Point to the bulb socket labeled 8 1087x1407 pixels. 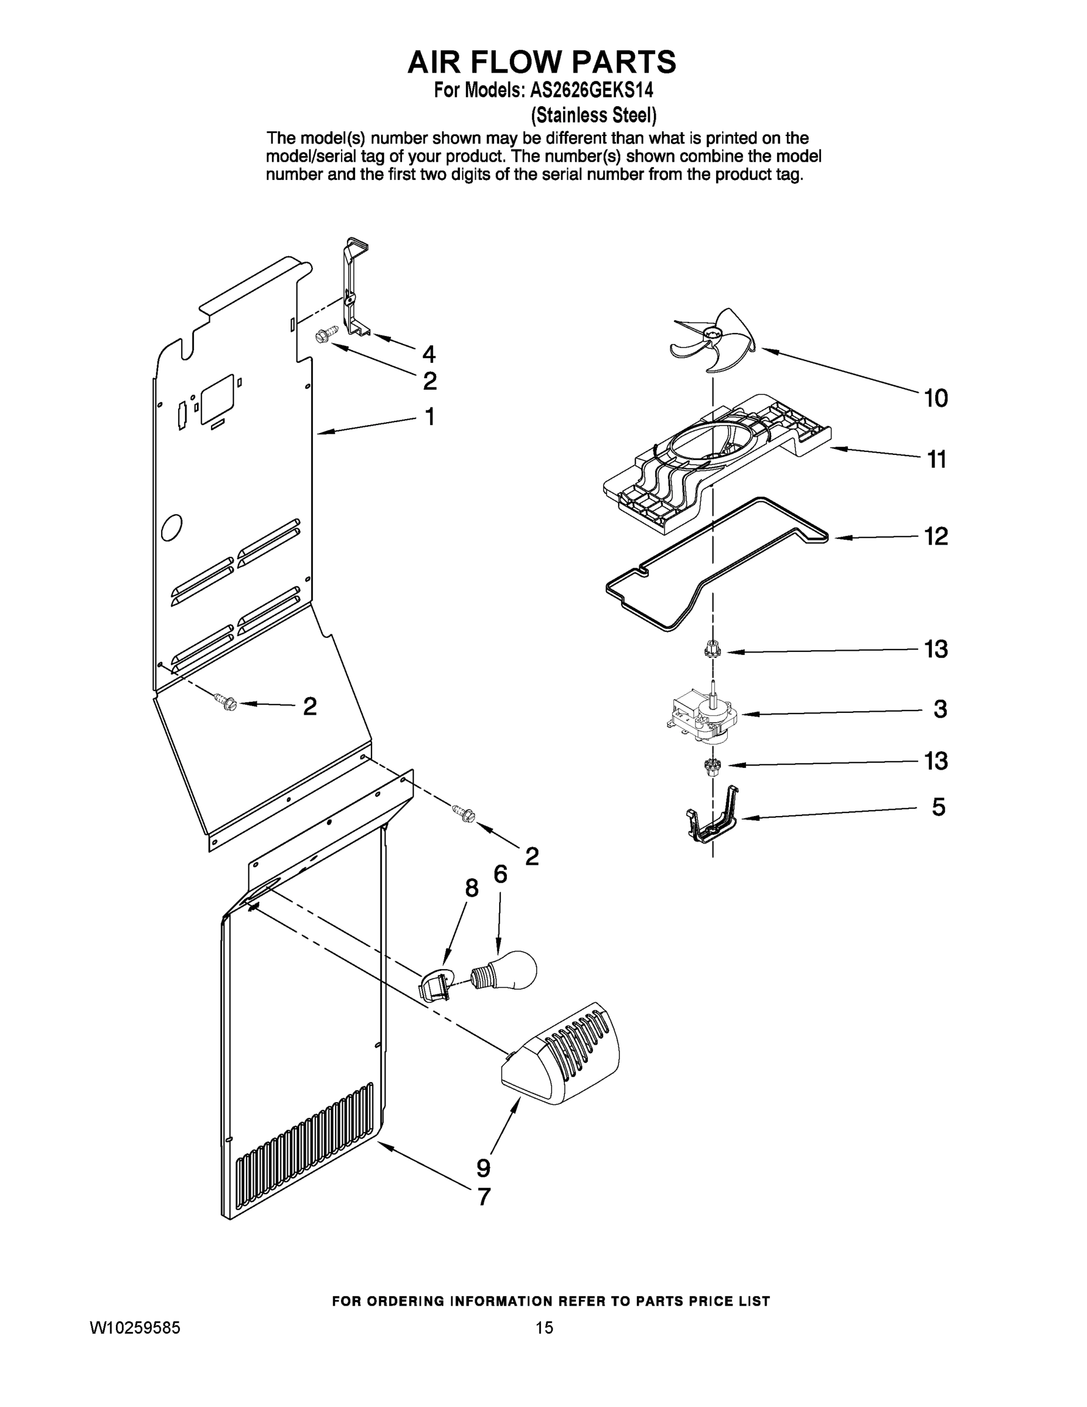435,985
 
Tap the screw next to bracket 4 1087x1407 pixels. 325,337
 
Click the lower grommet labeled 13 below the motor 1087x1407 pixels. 712,767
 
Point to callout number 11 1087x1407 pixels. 936,460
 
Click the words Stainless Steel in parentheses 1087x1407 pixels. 593,115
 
